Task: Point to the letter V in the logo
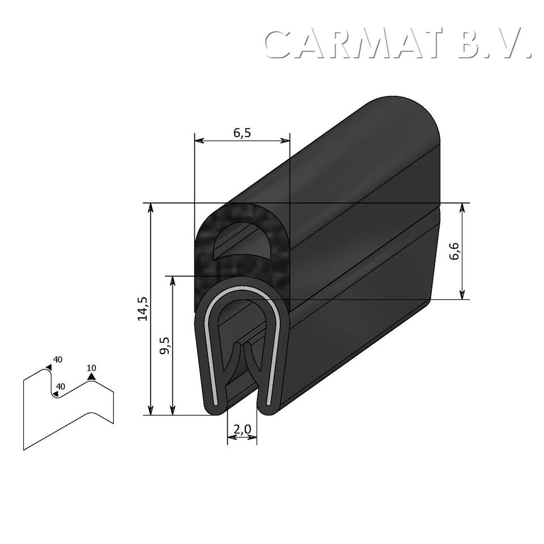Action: (x=513, y=44)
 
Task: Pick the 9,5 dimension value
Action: (x=165, y=345)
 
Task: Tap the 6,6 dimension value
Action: (x=454, y=251)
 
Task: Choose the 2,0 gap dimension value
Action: (x=242, y=430)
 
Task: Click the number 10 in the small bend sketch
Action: (x=91, y=368)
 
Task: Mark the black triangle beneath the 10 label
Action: (x=91, y=376)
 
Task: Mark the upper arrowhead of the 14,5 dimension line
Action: (x=151, y=207)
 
